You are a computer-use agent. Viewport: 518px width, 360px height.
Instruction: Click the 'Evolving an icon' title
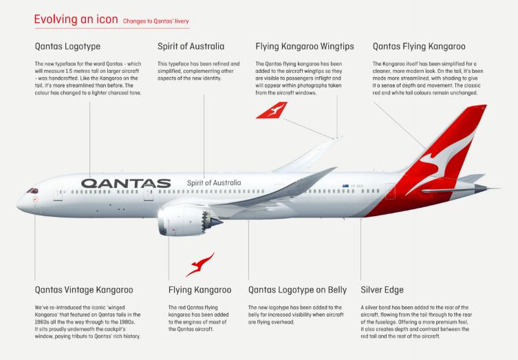pyautogui.click(x=76, y=19)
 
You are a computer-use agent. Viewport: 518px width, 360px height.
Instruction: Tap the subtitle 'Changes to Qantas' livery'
pyautogui.click(x=155, y=21)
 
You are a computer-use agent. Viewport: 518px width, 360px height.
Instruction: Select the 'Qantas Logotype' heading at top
pyautogui.click(x=67, y=46)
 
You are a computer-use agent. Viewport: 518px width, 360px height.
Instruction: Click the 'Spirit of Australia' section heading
pyautogui.click(x=191, y=46)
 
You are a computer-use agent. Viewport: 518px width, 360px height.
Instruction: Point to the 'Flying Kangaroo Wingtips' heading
pyautogui.click(x=305, y=46)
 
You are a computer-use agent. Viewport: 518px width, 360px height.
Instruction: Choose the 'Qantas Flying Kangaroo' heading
pyautogui.click(x=419, y=46)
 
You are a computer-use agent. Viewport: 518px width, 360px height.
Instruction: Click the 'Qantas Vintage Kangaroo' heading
pyautogui.click(x=84, y=290)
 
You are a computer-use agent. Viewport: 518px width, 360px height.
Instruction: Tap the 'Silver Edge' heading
pyautogui.click(x=382, y=290)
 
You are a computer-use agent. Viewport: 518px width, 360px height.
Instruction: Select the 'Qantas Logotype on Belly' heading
pyautogui.click(x=297, y=290)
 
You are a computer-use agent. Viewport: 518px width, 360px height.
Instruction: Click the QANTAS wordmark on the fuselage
pyautogui.click(x=126, y=184)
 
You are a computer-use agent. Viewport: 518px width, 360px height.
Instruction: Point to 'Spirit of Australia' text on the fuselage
pyautogui.click(x=214, y=183)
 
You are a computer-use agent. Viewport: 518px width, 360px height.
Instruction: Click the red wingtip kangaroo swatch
pyautogui.click(x=272, y=110)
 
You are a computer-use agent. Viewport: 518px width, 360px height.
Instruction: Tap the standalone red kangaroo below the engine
pyautogui.click(x=200, y=264)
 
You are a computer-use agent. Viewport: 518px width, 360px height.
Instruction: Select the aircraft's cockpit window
pyautogui.click(x=33, y=191)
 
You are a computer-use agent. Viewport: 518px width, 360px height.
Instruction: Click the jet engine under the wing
pyautogui.click(x=185, y=220)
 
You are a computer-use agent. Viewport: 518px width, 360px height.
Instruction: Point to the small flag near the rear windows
pyautogui.click(x=345, y=186)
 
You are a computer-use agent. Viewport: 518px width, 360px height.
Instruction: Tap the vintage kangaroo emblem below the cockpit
pyautogui.click(x=35, y=200)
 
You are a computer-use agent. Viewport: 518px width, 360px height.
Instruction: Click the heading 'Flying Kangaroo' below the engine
pyautogui.click(x=200, y=290)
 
